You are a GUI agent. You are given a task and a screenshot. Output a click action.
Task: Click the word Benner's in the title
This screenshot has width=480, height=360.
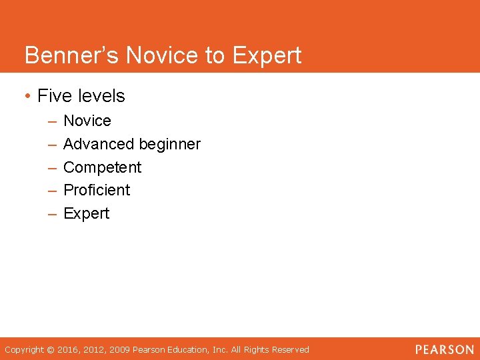pyautogui.click(x=72, y=55)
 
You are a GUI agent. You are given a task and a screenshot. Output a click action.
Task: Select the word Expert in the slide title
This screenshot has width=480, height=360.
pyautogui.click(x=266, y=56)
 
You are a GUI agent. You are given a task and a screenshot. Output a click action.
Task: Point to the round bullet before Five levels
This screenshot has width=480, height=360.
pyautogui.click(x=27, y=97)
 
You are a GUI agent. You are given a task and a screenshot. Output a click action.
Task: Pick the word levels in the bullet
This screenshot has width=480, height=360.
pyautogui.click(x=101, y=96)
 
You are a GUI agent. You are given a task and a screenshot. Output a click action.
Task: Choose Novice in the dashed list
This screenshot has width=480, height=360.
pyautogui.click(x=87, y=121)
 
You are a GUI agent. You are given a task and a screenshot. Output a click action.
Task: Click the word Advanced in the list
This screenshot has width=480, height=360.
pyautogui.click(x=98, y=144)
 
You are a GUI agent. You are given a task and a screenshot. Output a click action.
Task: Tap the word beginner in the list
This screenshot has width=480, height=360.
pyautogui.click(x=169, y=145)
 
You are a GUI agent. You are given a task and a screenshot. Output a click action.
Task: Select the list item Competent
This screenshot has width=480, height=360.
pyautogui.click(x=102, y=167)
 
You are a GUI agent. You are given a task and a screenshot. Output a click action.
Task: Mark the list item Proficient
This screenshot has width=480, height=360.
pyautogui.click(x=97, y=190)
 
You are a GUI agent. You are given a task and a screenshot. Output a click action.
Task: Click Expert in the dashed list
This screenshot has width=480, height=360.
pyautogui.click(x=86, y=213)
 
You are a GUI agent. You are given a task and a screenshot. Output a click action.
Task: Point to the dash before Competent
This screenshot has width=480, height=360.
pyautogui.click(x=52, y=167)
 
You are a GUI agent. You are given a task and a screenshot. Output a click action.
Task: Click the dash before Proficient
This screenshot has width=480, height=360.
pyautogui.click(x=52, y=191)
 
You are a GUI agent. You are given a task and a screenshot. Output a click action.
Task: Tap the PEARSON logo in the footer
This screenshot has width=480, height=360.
pyautogui.click(x=444, y=349)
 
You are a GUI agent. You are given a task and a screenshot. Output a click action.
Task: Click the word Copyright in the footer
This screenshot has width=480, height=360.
pyautogui.click(x=24, y=349)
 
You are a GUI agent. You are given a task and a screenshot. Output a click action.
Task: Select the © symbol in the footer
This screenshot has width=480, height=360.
pyautogui.click(x=51, y=349)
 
